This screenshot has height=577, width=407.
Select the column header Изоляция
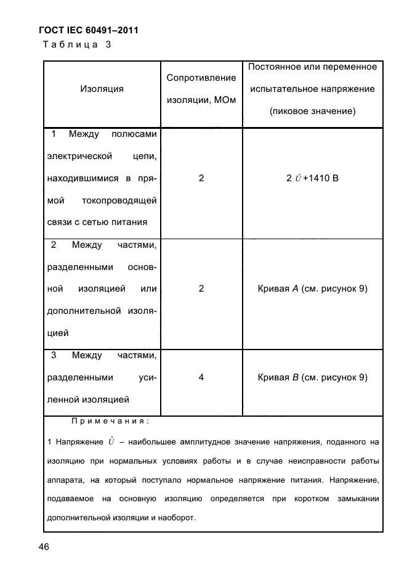102,89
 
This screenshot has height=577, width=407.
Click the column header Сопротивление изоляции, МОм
201,89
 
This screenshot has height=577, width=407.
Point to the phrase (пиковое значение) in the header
312,112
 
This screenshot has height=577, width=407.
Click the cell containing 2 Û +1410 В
312,178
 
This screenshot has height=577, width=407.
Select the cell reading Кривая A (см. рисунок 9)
312,288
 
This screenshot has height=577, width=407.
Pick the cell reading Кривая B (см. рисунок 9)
312,377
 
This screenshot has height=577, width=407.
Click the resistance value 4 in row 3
201,377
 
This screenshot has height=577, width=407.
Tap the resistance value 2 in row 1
201,178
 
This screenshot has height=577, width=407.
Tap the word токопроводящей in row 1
119,200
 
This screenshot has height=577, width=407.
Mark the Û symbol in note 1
111,441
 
